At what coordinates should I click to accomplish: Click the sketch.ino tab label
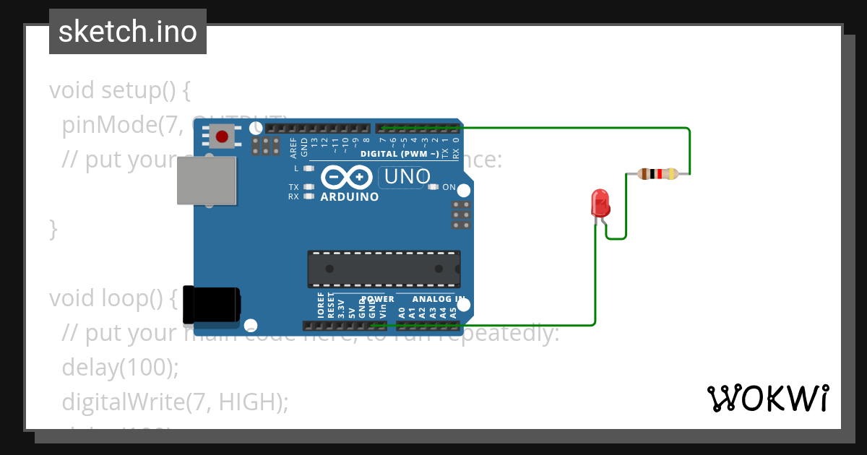tap(128, 32)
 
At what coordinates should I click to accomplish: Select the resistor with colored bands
tap(657, 173)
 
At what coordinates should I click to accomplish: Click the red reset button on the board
tap(222, 135)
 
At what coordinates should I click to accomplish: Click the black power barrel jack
tap(211, 304)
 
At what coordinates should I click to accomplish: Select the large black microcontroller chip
tap(384, 268)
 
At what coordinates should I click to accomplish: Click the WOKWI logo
tap(768, 398)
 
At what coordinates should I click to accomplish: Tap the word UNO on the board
tap(407, 176)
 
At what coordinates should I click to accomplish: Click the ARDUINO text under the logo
tap(349, 196)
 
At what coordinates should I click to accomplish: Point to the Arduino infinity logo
tap(345, 177)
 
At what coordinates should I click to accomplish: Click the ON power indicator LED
tap(433, 187)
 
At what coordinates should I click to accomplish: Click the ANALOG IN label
tap(439, 299)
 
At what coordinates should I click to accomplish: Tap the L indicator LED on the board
tap(309, 168)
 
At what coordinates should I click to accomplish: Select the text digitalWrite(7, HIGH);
tap(176, 402)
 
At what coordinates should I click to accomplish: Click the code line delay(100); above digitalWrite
tap(120, 367)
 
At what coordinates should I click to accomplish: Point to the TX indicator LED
tap(309, 187)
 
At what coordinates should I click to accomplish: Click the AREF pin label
tap(293, 147)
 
